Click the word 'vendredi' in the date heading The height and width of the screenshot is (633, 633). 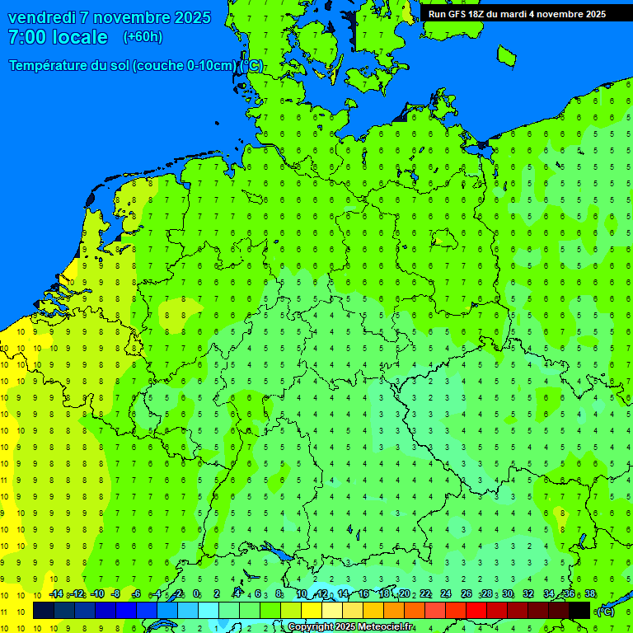(41, 17)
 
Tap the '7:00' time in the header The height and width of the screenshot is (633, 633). (27, 37)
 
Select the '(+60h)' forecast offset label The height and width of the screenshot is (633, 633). (143, 37)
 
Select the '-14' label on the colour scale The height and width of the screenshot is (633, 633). (56, 594)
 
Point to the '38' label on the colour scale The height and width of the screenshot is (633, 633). (589, 594)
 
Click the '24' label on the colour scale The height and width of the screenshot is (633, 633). (446, 594)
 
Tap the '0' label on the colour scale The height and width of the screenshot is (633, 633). (196, 594)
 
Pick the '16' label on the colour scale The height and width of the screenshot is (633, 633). (363, 594)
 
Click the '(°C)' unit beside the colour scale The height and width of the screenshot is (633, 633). (605, 612)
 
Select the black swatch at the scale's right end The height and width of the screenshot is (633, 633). (579, 611)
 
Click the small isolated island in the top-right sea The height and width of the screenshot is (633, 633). (506, 55)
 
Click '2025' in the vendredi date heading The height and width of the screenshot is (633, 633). (192, 17)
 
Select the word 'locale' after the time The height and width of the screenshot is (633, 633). (79, 37)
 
